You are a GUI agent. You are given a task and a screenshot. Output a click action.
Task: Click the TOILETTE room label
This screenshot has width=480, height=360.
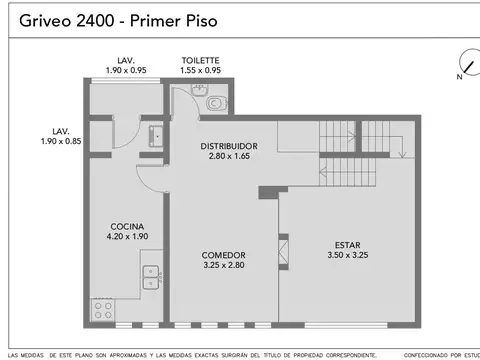click(201, 60)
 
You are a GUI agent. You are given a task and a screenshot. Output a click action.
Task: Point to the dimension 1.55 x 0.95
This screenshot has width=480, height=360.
click(201, 70)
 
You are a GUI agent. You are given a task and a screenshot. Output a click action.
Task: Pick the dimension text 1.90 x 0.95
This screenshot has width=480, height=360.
click(126, 70)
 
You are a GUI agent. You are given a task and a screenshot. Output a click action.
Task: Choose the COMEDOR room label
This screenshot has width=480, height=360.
click(224, 256)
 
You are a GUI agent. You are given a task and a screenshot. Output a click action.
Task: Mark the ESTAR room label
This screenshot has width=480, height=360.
click(348, 244)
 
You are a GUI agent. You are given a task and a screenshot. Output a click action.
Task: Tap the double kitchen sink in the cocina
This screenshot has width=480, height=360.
click(152, 276)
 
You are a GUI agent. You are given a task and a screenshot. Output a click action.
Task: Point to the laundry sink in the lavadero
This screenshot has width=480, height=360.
click(154, 135)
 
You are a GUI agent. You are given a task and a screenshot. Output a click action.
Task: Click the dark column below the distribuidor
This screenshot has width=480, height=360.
click(265, 192)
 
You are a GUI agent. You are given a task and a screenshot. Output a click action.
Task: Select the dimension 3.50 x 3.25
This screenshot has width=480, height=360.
click(348, 255)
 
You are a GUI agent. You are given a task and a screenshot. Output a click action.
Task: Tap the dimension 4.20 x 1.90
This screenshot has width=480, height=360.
click(127, 237)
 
